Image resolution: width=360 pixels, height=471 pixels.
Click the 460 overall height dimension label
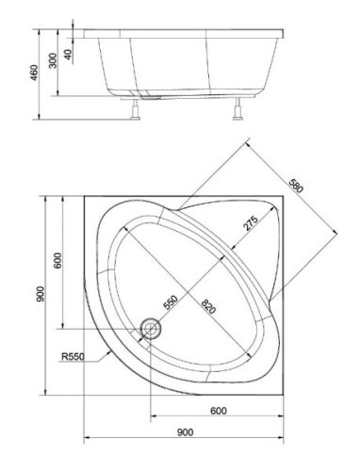(x=34, y=73)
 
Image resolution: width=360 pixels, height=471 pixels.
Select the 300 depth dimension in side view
(x=53, y=60)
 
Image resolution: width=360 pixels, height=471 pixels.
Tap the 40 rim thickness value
(x=68, y=55)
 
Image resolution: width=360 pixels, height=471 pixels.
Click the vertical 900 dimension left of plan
(x=41, y=294)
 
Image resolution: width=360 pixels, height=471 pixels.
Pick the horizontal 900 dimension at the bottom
(x=185, y=432)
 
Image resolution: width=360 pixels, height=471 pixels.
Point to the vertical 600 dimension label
(x=57, y=260)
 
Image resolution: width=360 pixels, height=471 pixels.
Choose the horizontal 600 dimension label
(x=219, y=411)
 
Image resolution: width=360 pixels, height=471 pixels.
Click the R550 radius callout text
(x=73, y=356)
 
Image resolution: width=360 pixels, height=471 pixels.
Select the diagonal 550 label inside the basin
(x=171, y=302)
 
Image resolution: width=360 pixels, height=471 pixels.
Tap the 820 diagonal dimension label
(x=208, y=306)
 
